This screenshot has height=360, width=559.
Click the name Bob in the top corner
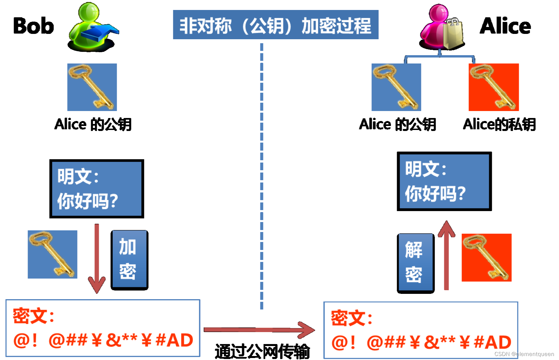33,26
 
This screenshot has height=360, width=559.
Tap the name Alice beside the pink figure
505,26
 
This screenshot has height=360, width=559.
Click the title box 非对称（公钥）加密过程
275,25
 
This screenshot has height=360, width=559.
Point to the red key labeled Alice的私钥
493,87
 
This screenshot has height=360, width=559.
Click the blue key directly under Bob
92,87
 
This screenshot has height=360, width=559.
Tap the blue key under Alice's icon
396,87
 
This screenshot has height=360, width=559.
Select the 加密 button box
129,259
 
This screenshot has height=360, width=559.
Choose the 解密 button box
415,263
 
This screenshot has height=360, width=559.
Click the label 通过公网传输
262,351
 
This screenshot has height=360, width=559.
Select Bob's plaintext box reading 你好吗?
96,188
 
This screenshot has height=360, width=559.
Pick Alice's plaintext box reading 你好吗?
444,181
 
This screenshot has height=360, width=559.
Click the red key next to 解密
486,257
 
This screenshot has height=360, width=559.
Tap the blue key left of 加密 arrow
52,254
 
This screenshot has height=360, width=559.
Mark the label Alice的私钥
499,124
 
